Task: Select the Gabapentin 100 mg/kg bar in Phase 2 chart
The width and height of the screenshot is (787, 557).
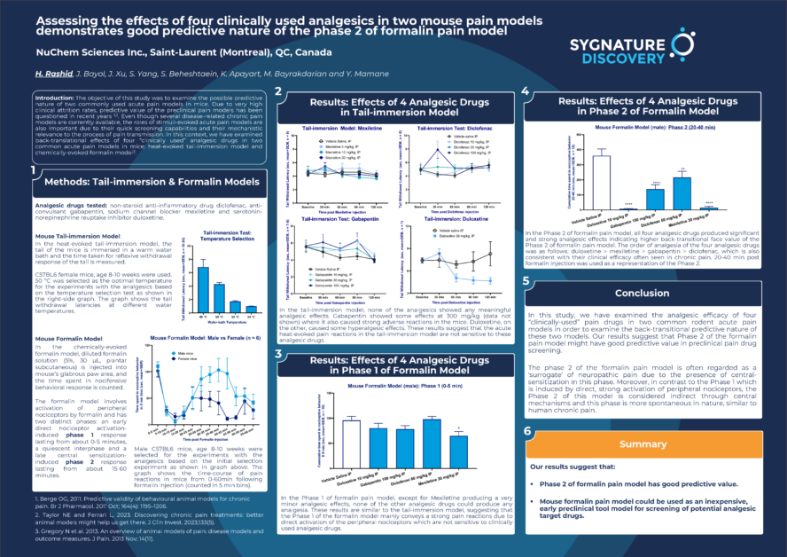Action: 655,196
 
